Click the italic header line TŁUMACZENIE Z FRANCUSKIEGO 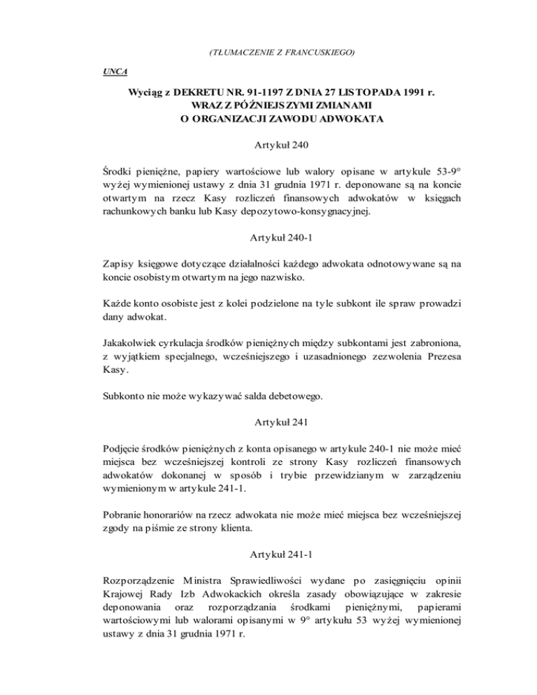tap(269, 52)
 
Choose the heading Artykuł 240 tap(268, 146)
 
